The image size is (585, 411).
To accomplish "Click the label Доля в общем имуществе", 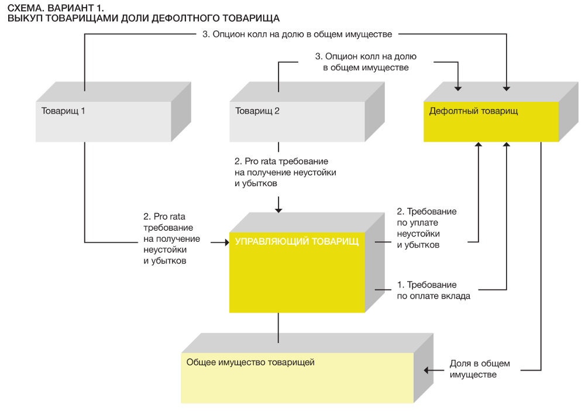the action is coord(480,369).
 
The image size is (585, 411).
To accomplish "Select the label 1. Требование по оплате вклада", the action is coord(433,290).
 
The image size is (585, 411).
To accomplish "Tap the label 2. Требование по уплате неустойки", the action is coord(426,228).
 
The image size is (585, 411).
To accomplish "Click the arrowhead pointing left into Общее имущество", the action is coord(426,371).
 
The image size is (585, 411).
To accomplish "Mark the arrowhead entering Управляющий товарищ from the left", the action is coord(226,242).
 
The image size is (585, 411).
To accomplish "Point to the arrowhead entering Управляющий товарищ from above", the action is coord(278,210).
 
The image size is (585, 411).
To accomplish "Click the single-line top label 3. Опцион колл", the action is coord(297,35).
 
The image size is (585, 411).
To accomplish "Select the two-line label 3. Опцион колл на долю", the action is coord(366,62).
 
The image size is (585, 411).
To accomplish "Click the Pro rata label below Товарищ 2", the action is coord(285,172).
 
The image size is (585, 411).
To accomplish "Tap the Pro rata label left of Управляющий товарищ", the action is coord(171,238).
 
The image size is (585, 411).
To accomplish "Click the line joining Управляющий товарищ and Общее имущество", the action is coord(278,328).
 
